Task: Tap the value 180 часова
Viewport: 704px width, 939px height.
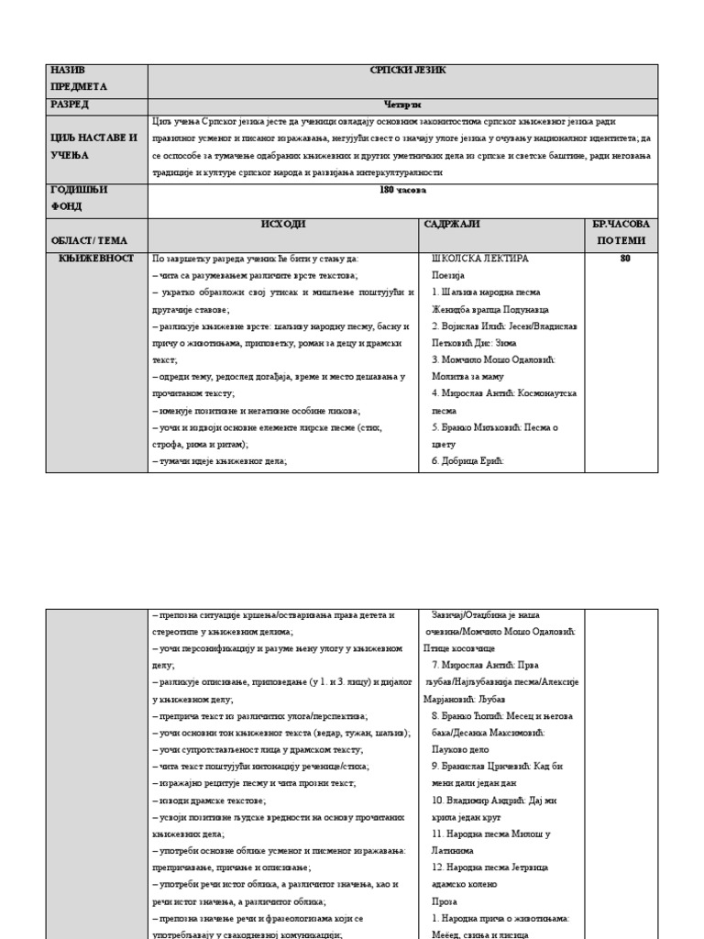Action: [402, 190]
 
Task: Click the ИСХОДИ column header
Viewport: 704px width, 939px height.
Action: [283, 225]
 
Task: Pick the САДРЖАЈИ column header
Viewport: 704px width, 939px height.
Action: [452, 225]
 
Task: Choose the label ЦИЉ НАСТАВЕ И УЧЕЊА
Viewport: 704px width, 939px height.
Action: [93, 147]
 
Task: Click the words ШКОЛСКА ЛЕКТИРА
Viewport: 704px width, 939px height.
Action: [479, 259]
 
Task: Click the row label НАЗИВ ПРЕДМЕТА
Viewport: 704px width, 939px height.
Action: [78, 79]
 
